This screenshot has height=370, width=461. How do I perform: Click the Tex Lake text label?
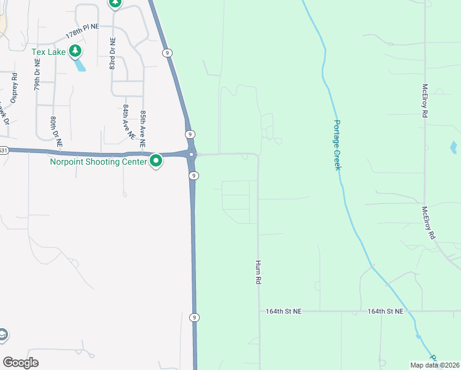[49, 52]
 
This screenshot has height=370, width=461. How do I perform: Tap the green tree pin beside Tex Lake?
[75, 51]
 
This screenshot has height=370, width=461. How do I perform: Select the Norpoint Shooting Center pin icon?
[156, 162]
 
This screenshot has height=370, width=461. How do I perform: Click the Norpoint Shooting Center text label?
[98, 162]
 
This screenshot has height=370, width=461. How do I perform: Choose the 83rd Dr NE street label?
[113, 54]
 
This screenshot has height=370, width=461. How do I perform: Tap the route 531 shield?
[3, 150]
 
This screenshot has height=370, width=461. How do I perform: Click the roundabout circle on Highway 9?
[192, 154]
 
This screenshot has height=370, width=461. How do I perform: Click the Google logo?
[20, 363]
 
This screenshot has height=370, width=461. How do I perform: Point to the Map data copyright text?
[434, 365]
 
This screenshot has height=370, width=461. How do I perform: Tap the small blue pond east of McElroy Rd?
[454, 147]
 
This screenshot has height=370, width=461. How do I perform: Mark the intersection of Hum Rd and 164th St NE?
[259, 311]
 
